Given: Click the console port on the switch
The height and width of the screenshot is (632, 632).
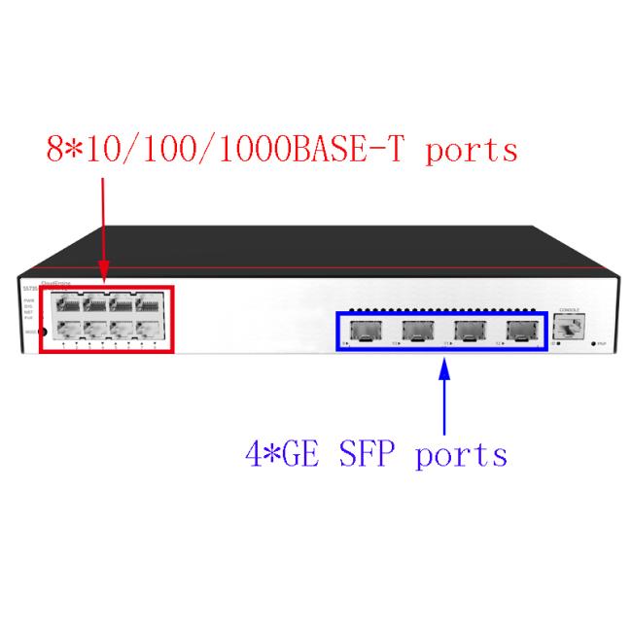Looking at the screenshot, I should coord(569,330).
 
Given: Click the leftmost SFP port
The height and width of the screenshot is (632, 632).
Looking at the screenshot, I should coord(366,331).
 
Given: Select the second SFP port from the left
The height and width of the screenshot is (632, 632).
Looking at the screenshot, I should coord(417,331).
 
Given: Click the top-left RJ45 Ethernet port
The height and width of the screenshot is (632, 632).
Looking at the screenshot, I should coord(68,303).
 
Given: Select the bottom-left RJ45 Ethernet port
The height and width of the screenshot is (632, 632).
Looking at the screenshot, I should coord(68,330).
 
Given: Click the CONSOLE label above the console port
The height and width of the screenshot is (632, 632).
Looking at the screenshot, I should coord(569,310).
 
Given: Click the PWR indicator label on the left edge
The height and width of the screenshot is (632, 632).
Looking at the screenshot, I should coord(29,300).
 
